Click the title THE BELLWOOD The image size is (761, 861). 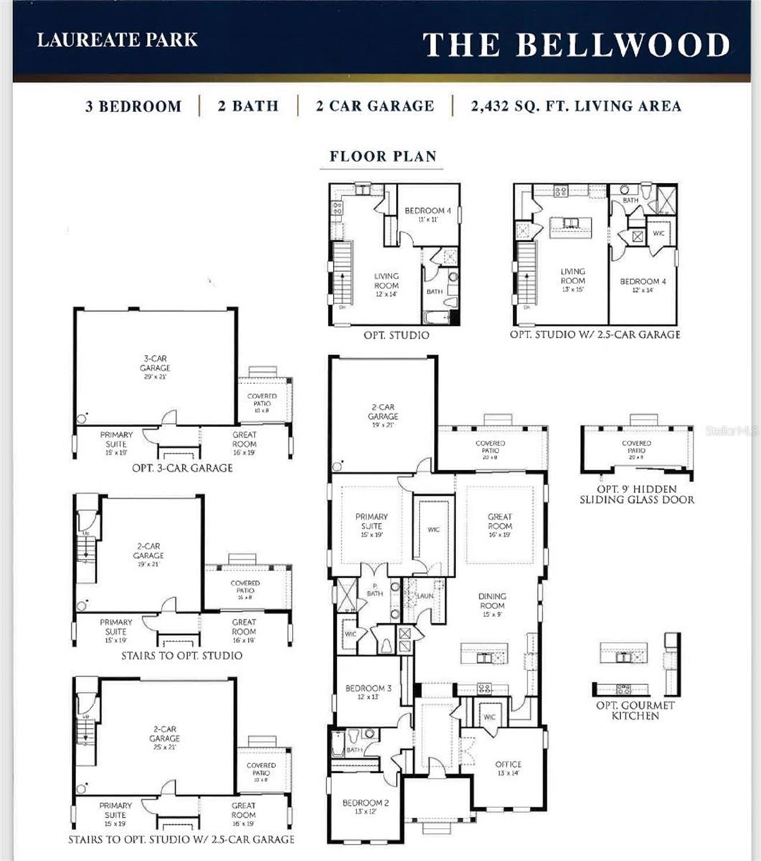coord(576,44)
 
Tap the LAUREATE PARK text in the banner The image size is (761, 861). coord(117,39)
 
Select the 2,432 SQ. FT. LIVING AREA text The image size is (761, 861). coord(576,106)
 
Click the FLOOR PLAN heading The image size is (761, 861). coord(382,156)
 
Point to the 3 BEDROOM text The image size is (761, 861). coord(133,107)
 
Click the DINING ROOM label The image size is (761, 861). coord(492,601)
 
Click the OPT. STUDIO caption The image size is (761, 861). coord(396,335)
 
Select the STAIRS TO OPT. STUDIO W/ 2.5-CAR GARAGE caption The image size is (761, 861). coord(181,839)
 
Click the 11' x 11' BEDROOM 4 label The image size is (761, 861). coord(428,215)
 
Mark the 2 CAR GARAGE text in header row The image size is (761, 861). coord(374,106)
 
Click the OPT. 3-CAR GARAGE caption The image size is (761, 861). coord(182,468)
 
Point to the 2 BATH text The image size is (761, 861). coord(248,106)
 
